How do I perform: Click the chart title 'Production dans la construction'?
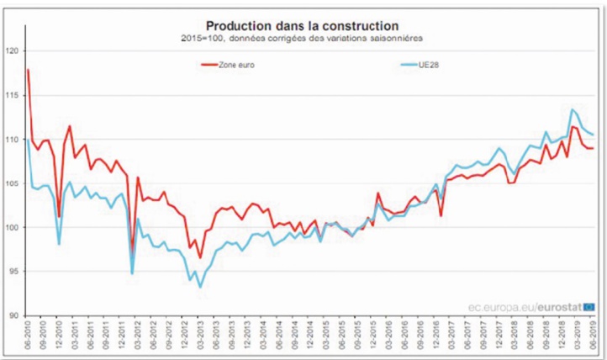point(303,26)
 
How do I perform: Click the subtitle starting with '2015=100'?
point(303,39)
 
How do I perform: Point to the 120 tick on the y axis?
point(13,51)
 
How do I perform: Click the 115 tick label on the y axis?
point(13,95)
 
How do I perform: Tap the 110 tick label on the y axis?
point(13,140)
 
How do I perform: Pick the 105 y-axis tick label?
point(13,183)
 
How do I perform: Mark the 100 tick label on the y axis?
point(13,227)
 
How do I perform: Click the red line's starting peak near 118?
point(28,70)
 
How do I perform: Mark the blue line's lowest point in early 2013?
point(200,288)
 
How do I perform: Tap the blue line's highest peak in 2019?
point(572,109)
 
